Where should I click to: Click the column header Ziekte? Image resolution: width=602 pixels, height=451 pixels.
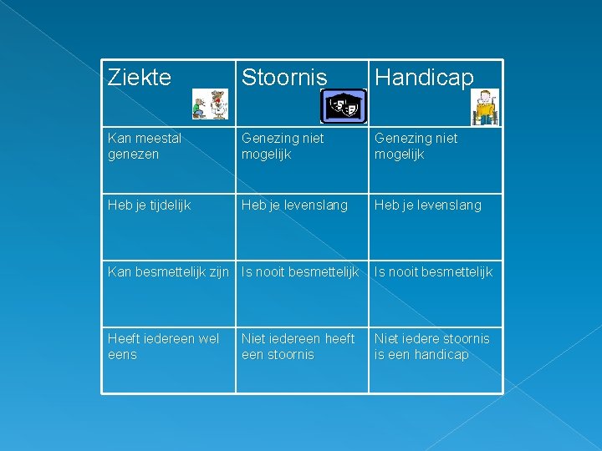(140, 78)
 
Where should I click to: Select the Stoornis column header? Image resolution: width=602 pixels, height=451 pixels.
(284, 78)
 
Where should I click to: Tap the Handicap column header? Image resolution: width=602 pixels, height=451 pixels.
(424, 78)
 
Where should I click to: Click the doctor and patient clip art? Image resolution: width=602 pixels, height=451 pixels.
(209, 104)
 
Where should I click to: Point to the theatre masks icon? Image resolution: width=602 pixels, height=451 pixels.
(343, 106)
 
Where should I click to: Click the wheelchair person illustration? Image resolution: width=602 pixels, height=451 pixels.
(484, 107)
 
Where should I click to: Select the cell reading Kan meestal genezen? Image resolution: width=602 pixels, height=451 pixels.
(145, 146)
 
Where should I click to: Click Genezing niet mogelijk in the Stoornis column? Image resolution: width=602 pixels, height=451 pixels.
(283, 146)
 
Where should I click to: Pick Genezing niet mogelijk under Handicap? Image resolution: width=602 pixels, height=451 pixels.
(416, 146)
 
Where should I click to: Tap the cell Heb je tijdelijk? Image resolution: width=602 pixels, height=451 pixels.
(150, 205)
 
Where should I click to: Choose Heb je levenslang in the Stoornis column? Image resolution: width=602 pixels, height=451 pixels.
(294, 205)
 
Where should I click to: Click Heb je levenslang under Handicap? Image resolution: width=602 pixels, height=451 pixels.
(427, 205)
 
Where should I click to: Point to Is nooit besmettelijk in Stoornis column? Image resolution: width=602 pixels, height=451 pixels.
(300, 271)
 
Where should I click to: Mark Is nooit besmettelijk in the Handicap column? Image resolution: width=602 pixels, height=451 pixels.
(433, 271)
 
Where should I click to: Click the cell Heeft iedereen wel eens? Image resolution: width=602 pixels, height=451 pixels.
(163, 347)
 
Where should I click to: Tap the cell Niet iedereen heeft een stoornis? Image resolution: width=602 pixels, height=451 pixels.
(298, 347)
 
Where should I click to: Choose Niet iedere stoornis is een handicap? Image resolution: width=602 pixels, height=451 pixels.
(431, 347)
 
